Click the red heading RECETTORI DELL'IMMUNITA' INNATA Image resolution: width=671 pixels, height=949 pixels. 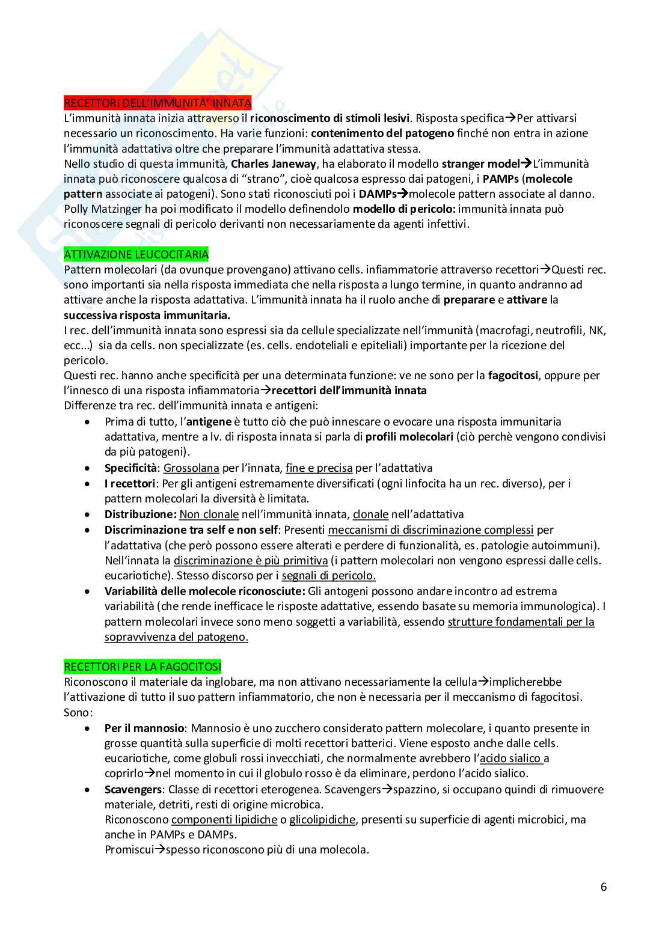(158, 103)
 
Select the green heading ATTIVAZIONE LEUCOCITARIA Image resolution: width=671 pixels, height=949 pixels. (136, 254)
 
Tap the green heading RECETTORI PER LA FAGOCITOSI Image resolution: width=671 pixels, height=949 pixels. (142, 667)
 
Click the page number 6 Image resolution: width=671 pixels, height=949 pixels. (604, 887)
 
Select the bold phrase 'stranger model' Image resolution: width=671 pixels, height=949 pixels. (480, 163)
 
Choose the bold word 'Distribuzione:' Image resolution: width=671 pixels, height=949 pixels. (141, 514)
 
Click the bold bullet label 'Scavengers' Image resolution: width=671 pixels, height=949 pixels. (133, 789)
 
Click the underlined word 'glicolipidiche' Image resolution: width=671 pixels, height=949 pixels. (322, 820)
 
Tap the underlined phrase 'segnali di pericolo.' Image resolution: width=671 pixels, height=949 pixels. (328, 576)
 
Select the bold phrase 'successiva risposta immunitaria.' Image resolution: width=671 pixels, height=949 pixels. (147, 315)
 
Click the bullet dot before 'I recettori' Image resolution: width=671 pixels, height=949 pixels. (88, 483)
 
